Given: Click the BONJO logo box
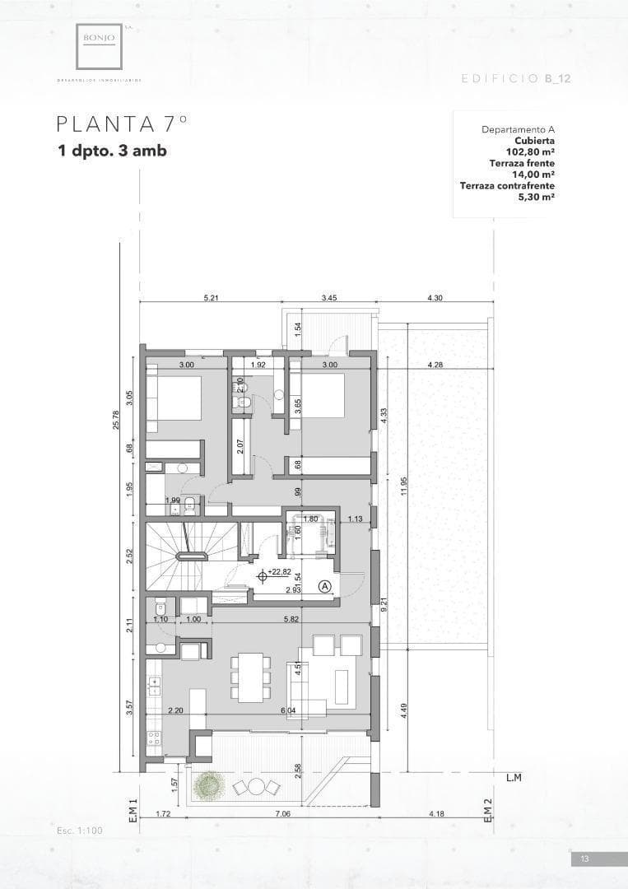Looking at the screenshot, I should tap(100, 46).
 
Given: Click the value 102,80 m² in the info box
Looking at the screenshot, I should tap(529, 152).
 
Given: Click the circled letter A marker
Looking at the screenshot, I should tap(325, 586).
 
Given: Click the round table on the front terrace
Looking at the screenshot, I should tap(257, 787).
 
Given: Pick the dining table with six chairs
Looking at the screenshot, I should tap(251, 677).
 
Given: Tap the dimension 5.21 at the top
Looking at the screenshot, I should tap(211, 298).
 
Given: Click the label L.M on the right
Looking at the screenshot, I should tap(514, 777).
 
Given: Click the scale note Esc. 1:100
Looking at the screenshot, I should tap(80, 831).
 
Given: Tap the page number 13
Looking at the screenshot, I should tap(584, 859).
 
